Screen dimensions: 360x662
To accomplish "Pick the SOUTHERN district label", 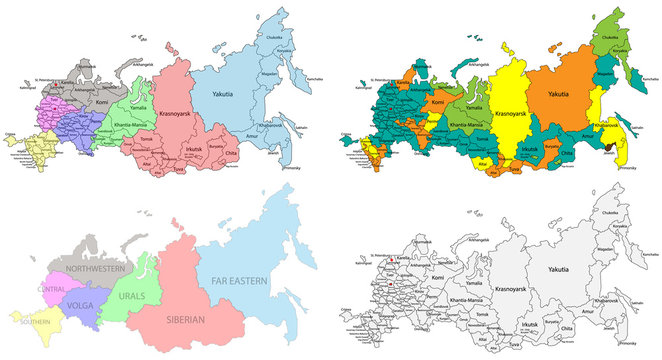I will click(x=32, y=323).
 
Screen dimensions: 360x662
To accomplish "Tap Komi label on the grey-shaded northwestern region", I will click(x=100, y=101).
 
